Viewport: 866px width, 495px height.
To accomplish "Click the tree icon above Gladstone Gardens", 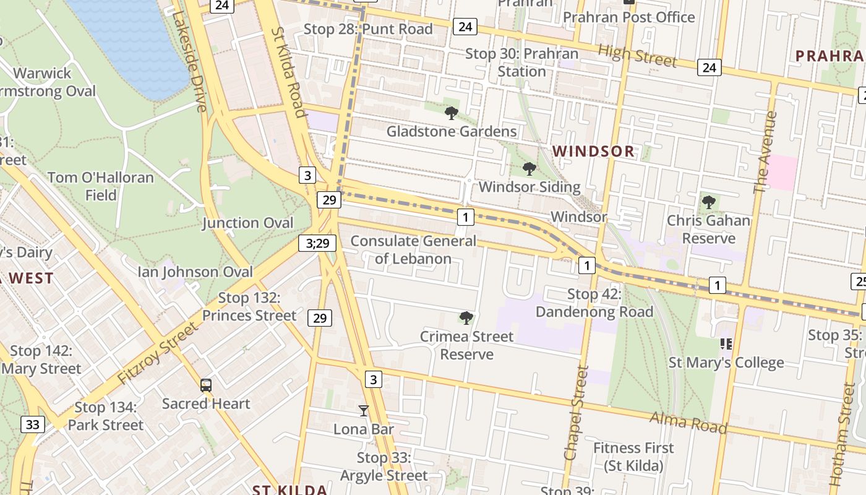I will (452, 113).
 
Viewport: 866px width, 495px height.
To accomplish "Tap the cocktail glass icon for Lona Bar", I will (364, 410).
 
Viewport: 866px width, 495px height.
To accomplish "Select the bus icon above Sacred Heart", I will (206, 385).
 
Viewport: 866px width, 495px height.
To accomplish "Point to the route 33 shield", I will (32, 424).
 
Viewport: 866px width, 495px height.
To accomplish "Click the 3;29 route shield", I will (318, 243).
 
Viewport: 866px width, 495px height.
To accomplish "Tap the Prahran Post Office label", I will (628, 17).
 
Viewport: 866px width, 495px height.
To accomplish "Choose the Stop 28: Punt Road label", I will (368, 29).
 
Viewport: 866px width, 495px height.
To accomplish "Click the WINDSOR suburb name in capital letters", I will (593, 151).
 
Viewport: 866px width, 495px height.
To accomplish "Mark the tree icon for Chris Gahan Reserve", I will (708, 202).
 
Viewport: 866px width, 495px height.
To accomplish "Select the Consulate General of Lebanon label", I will (413, 249).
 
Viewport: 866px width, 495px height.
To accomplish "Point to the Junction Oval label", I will (247, 223).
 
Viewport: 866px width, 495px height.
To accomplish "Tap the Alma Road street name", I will (687, 423).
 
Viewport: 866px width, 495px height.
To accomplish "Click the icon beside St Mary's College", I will (726, 344).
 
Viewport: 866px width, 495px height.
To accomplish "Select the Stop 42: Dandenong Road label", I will (594, 303).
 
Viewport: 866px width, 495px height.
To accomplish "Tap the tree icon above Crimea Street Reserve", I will (466, 318).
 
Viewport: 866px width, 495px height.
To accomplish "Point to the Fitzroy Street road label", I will (158, 353).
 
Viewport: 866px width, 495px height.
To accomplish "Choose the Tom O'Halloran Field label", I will (101, 186).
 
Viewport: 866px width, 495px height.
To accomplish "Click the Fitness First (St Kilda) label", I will (633, 456).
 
